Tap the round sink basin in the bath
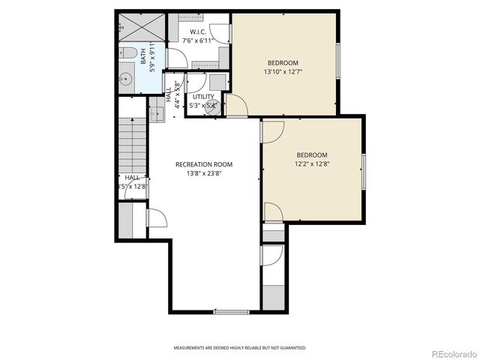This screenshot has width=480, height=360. tap(127, 77)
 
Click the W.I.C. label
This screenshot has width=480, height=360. tap(198, 31)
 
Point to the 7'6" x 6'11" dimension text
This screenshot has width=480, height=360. tap(198, 40)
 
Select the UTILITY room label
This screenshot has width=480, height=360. tap(203, 97)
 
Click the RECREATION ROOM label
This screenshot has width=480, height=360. tap(203, 164)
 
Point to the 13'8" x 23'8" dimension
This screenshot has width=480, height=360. tap(204, 173)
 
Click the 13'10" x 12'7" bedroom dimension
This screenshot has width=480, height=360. tap(283, 72)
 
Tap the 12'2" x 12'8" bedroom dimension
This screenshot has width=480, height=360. tap(311, 163)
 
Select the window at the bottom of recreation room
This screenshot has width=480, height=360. tap(231, 311)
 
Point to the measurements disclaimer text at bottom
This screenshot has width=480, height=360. tap(240, 348)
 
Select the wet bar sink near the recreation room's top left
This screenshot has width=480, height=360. tap(157, 113)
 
